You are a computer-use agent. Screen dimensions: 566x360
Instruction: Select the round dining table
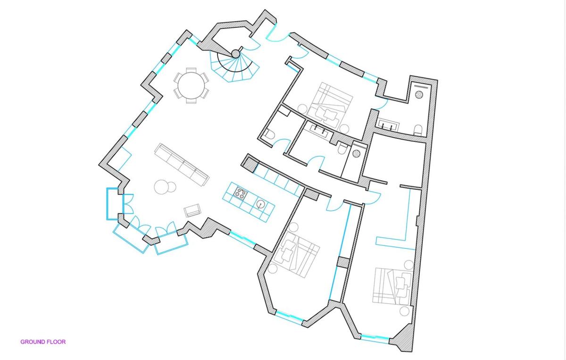[x=191, y=85]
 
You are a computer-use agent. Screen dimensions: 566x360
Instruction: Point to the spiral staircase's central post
[x=235, y=54]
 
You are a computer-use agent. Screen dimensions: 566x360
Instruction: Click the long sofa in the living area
[x=182, y=164]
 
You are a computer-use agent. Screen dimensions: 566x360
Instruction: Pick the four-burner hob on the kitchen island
[x=240, y=193]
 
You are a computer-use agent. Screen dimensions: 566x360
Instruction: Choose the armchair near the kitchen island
[x=192, y=210]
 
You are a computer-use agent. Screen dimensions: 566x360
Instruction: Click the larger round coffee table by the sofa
[x=161, y=187]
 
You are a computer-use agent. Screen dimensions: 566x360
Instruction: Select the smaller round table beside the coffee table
[x=171, y=187]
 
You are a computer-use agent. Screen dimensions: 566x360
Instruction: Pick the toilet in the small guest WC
[x=270, y=134]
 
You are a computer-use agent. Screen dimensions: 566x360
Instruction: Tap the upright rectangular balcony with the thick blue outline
[x=112, y=204]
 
